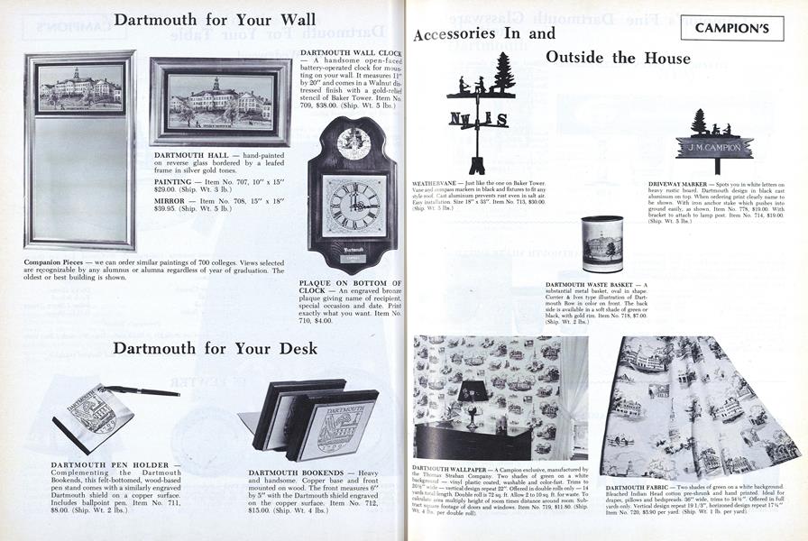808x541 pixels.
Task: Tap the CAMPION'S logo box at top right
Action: (739, 28)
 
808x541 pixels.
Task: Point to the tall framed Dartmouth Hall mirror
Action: (80, 150)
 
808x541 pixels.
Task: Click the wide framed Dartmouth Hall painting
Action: (221, 101)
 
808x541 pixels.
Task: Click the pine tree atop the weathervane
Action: (502, 74)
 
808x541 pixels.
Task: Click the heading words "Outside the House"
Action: (618, 58)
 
